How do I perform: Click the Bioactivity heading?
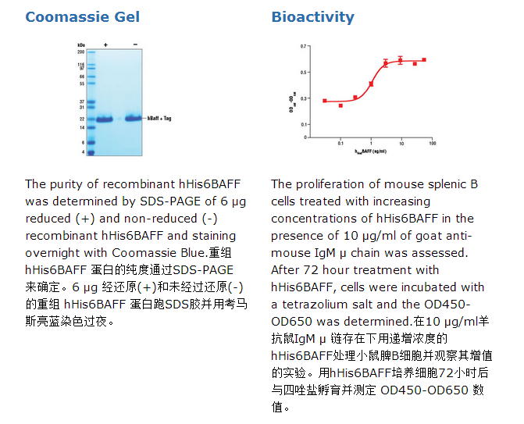click(312, 16)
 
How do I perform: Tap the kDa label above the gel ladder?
click(81, 45)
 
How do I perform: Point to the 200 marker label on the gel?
click(81, 52)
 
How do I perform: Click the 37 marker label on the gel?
click(82, 102)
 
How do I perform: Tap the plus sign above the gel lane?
click(105, 45)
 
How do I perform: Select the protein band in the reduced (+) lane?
click(105, 119)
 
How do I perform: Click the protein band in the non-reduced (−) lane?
click(134, 118)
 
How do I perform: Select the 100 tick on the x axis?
click(431, 144)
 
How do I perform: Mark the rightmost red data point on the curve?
click(424, 59)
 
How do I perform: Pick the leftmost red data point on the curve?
click(325, 101)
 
